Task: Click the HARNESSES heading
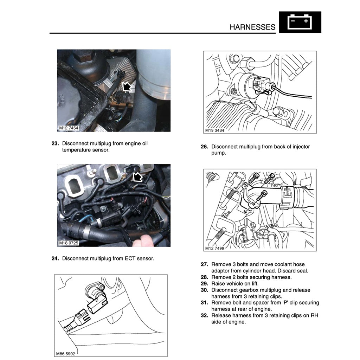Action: [252, 27]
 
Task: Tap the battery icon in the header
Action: [300, 22]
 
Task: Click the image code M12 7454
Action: [69, 128]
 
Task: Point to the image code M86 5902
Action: [65, 353]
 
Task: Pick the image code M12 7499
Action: [214, 248]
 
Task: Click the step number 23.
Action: [55, 143]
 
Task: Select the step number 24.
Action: [55, 258]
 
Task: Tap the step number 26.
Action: [205, 147]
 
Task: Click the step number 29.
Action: [205, 283]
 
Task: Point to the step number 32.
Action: [205, 315]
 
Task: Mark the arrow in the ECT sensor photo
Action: [137, 177]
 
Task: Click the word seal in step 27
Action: [301, 271]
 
